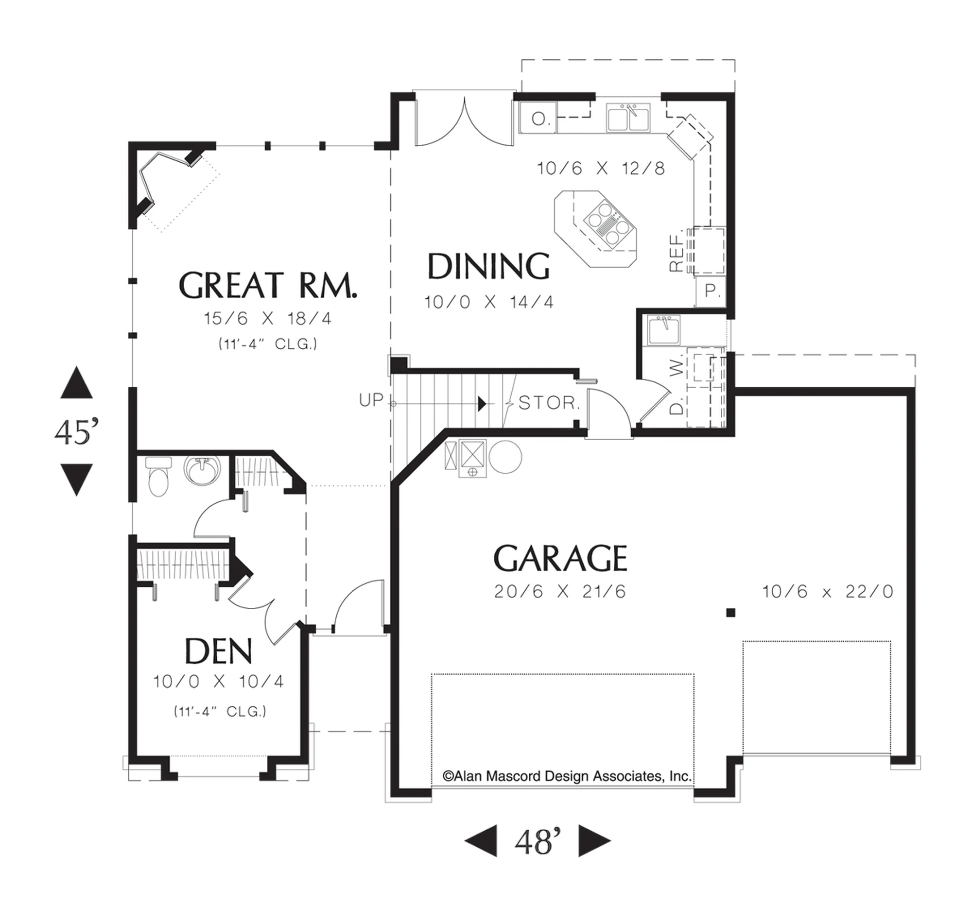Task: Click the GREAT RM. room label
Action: (267, 285)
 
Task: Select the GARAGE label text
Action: (560, 558)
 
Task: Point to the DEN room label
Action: (218, 650)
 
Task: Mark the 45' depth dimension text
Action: (77, 432)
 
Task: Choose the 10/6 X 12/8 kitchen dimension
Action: (601, 169)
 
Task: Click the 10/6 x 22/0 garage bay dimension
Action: (828, 591)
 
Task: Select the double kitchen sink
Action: (628, 117)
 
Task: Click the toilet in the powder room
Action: (158, 476)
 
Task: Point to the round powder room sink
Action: (202, 470)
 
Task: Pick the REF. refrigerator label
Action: (677, 251)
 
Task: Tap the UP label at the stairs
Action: (371, 400)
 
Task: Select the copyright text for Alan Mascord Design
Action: (567, 777)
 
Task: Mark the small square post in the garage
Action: (730, 613)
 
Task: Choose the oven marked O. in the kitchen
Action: (538, 118)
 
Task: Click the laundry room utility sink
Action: (663, 330)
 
